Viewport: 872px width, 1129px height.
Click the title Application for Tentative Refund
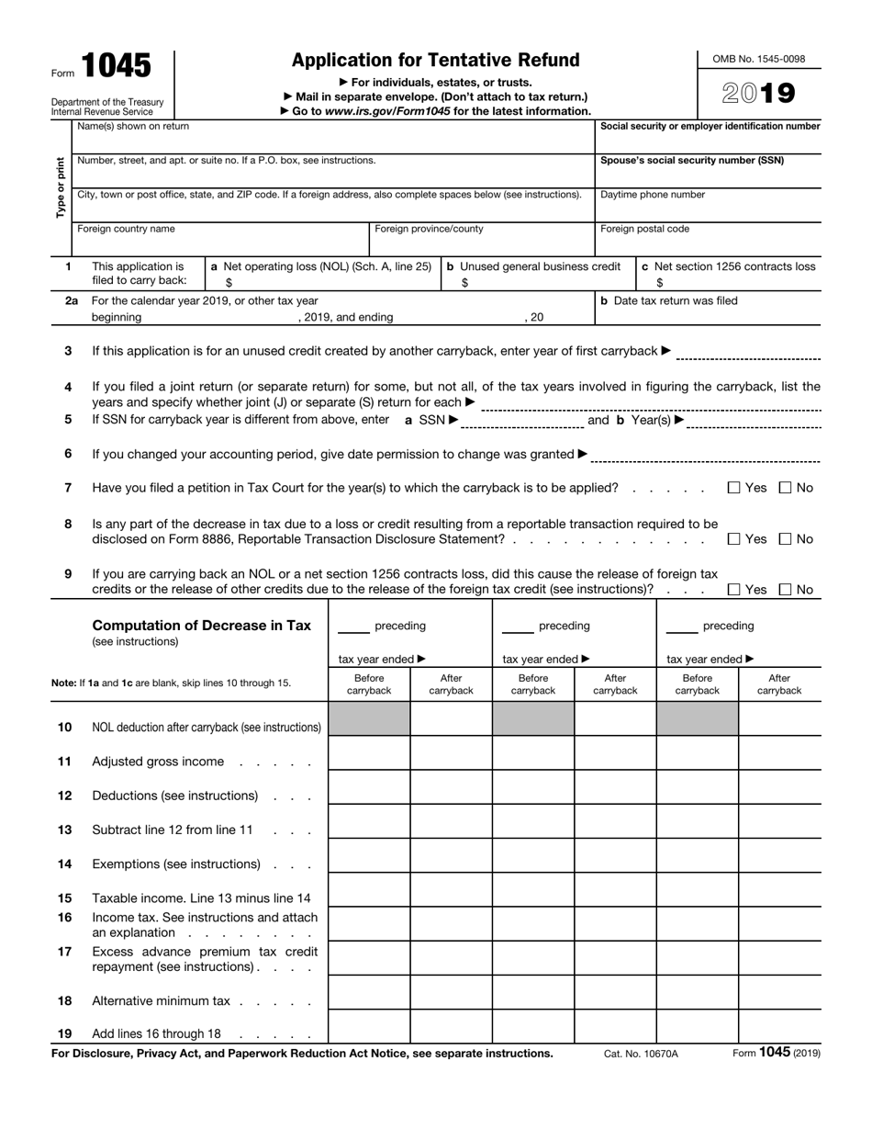435,61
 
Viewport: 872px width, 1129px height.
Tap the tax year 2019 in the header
758,94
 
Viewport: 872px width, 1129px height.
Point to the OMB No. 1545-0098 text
759,59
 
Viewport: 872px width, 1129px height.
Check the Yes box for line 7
733,488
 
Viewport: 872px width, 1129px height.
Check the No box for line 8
785,539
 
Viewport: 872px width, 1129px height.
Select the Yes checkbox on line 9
733,590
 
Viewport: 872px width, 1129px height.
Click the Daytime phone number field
708,209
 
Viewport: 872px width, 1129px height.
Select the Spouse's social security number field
708,175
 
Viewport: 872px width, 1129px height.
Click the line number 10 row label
65,727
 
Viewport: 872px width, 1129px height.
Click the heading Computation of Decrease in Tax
202,626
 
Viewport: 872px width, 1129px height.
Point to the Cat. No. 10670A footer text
641,1054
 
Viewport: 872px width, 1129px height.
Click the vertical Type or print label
61,187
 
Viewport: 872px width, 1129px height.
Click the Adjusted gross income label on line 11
158,761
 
